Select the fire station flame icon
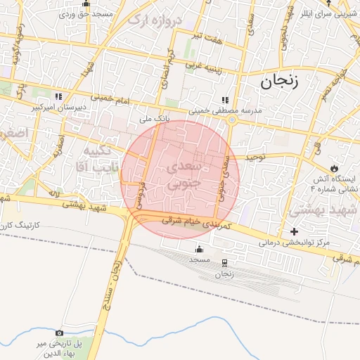pyautogui.click(x=335, y=169)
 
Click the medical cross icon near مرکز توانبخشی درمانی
pyautogui.click(x=294, y=232)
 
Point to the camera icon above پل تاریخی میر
pyautogui.click(x=59, y=333)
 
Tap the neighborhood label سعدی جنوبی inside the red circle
pyautogui.click(x=184, y=174)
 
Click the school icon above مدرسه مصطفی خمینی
pyautogui.click(x=224, y=100)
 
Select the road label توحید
pyautogui.click(x=253, y=157)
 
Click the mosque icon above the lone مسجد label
pyautogui.click(x=199, y=248)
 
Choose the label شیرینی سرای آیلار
pyautogui.click(x=333, y=13)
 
